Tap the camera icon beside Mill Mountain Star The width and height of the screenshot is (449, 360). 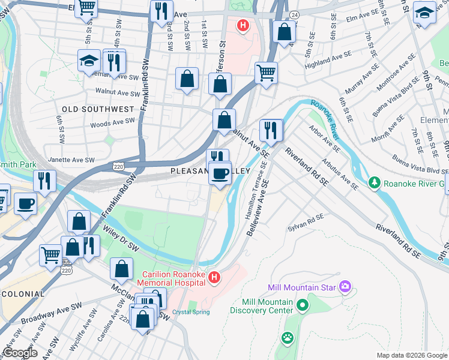point(345,287)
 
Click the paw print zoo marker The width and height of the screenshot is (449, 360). point(288,338)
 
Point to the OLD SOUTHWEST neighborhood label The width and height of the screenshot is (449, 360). point(97,109)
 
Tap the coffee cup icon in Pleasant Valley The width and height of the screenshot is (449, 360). point(220,174)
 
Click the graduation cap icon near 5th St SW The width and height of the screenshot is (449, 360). point(88,61)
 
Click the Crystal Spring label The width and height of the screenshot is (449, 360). point(191,312)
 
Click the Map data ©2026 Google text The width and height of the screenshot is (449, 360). point(411,355)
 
